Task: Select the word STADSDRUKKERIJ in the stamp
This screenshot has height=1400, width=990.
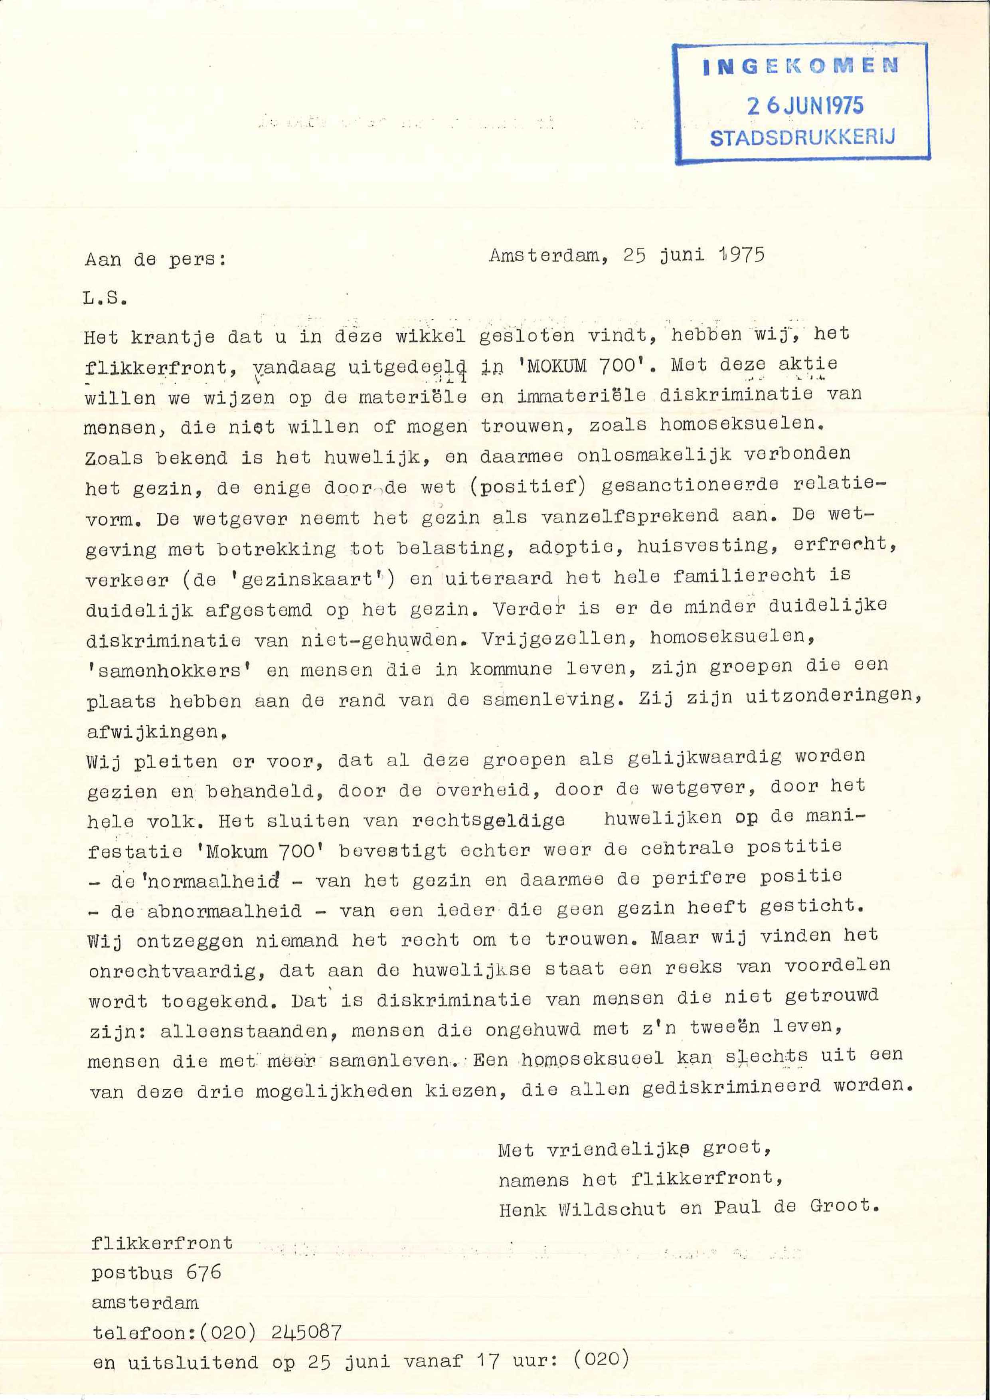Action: pos(802,138)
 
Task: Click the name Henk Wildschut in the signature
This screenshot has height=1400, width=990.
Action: pos(582,1209)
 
